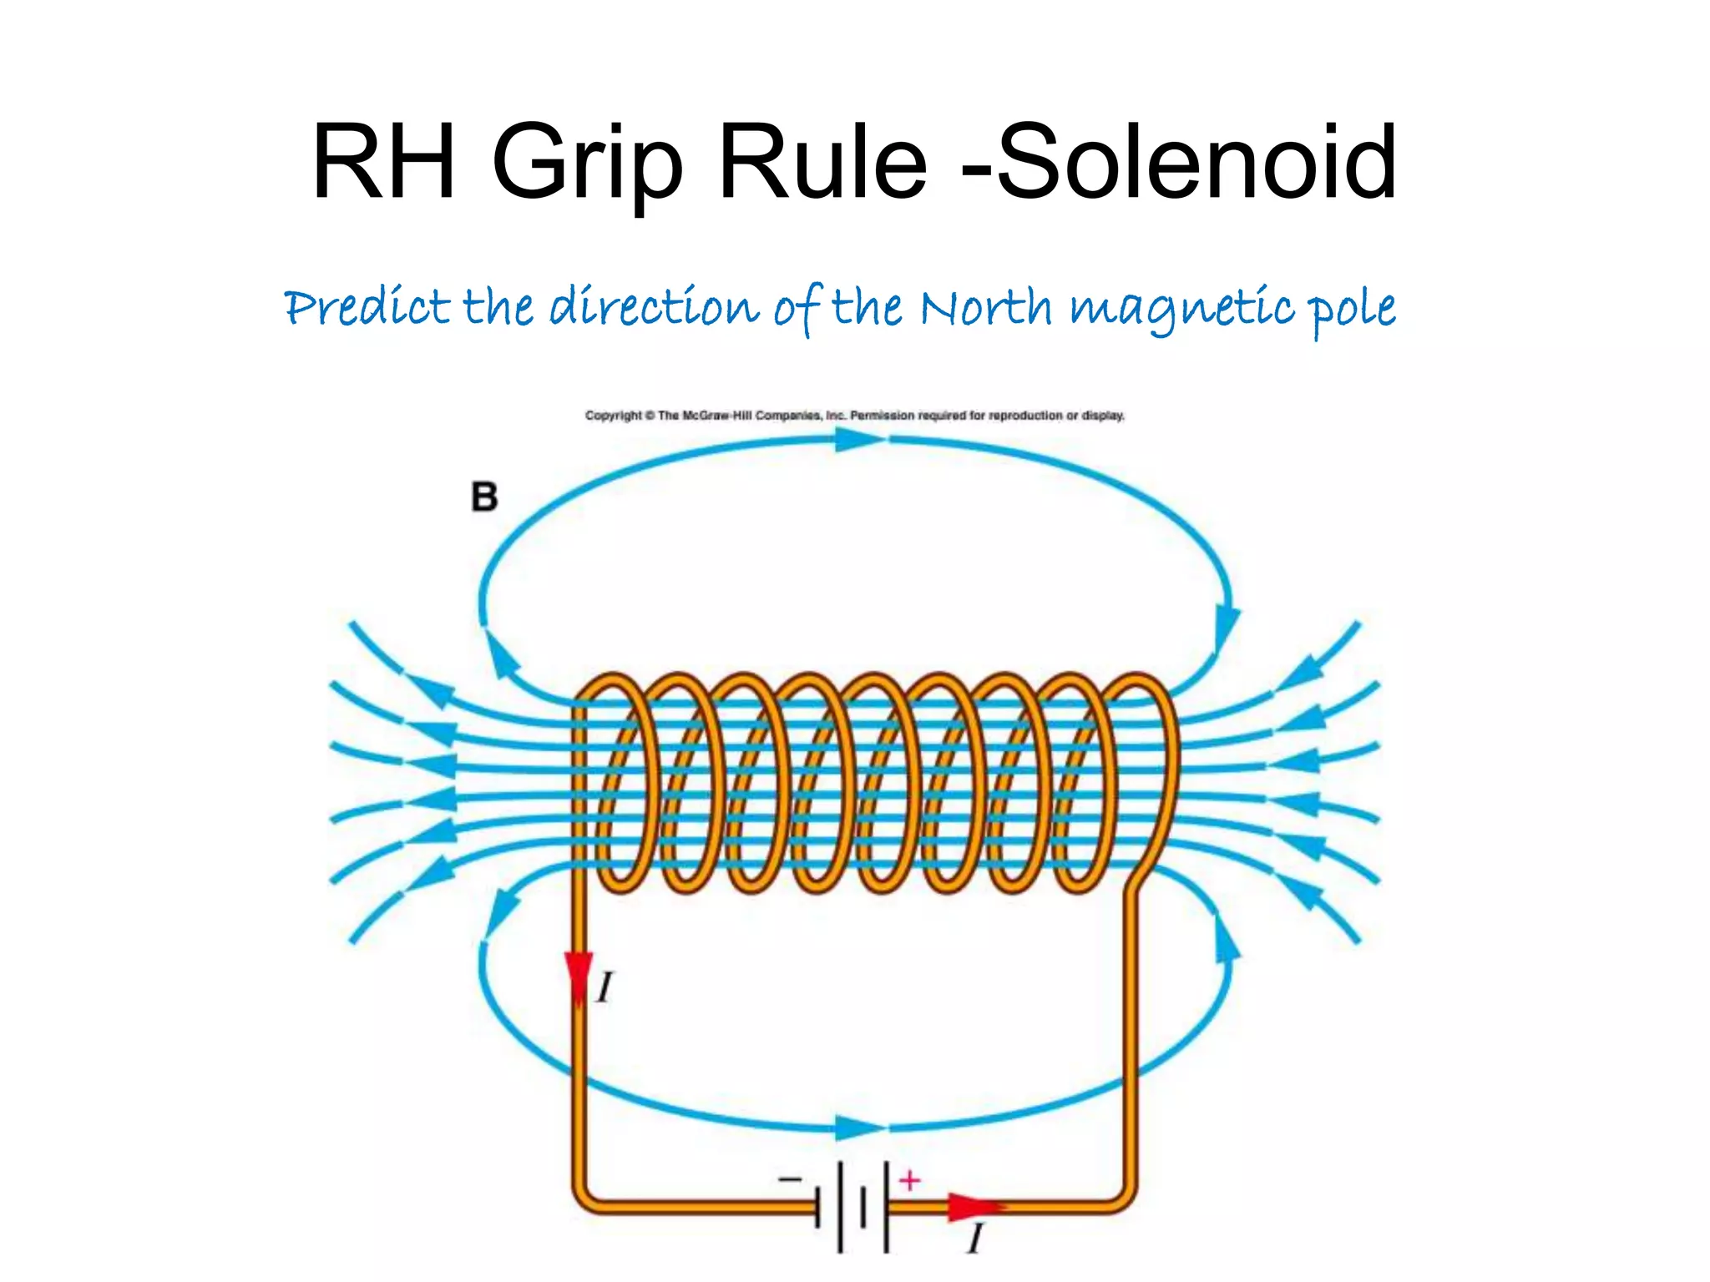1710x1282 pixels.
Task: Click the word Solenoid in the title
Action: click(x=1196, y=162)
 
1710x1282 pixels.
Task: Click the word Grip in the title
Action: click(x=588, y=162)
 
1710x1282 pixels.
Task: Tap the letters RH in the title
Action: click(x=384, y=162)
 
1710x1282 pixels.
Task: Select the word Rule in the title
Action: click(x=822, y=162)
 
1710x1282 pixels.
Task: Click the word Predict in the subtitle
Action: click(x=367, y=308)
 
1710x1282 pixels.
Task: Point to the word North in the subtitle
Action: click(x=985, y=308)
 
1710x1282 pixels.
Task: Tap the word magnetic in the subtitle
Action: click(x=1182, y=310)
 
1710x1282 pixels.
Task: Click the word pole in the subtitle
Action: click(x=1351, y=310)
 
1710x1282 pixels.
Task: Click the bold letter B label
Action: click(x=484, y=497)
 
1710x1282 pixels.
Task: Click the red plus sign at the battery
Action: click(x=909, y=1180)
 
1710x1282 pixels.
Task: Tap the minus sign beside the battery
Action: click(x=789, y=1179)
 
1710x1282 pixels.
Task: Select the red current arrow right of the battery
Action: click(x=975, y=1207)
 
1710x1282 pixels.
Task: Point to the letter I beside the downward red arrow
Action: click(x=605, y=988)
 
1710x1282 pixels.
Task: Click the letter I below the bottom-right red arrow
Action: click(x=975, y=1239)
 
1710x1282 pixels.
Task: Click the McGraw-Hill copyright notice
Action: click(x=854, y=415)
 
